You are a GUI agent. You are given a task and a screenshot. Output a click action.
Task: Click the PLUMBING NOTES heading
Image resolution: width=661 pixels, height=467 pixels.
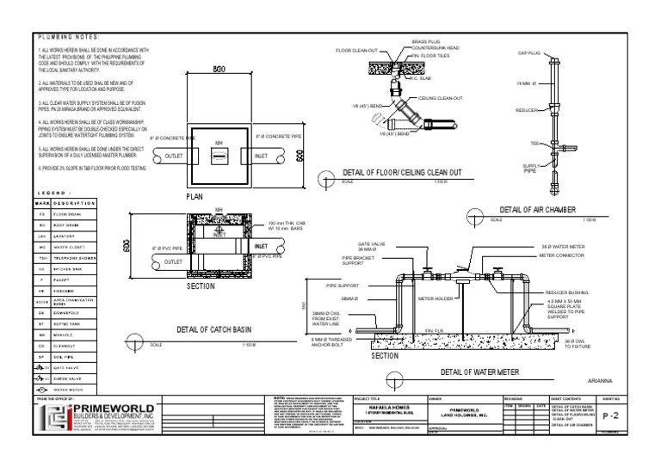[70, 36]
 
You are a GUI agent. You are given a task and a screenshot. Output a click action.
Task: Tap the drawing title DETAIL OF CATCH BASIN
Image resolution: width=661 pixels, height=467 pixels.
[212, 329]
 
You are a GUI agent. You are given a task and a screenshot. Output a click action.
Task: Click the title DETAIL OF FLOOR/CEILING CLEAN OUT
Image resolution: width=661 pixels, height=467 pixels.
[403, 173]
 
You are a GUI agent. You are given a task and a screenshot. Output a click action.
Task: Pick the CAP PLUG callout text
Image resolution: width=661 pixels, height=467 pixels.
[528, 53]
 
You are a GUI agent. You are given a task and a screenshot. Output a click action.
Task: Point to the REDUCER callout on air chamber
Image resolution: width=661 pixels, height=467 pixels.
[526, 110]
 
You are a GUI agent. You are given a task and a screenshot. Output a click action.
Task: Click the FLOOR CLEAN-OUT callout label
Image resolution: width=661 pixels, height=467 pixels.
[356, 51]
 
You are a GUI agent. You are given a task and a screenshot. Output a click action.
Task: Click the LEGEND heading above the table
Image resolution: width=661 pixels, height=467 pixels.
[53, 193]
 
